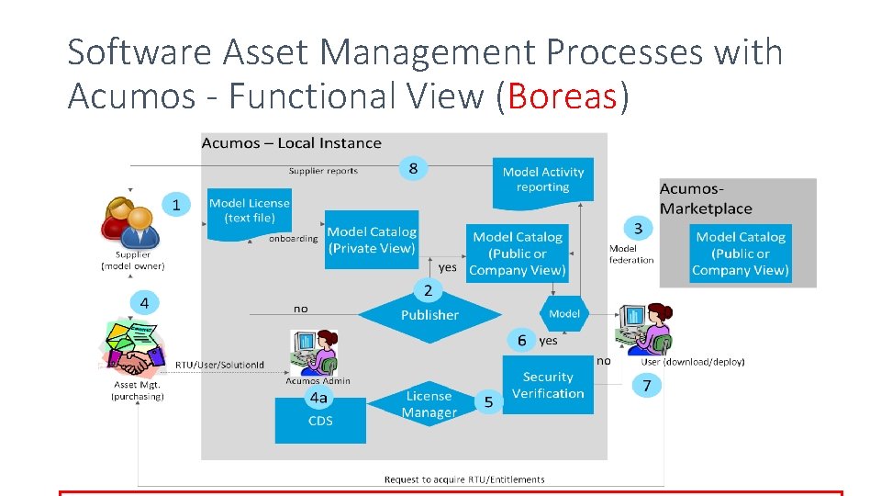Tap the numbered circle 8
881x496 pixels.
[413, 168]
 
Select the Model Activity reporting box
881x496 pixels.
[543, 179]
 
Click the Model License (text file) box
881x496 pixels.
[249, 210]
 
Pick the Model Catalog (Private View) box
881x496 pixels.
[372, 240]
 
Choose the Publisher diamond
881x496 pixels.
[429, 315]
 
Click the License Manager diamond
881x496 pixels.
[429, 404]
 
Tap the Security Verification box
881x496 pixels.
[548, 386]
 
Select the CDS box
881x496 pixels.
[320, 421]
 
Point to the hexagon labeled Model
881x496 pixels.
[563, 314]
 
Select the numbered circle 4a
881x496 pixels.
[318, 398]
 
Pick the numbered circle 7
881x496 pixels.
[646, 386]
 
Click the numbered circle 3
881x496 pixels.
[638, 227]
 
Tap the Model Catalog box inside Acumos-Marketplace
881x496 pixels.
[741, 254]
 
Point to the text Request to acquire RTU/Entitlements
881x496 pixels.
[463, 479]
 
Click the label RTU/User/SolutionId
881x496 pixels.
[219, 365]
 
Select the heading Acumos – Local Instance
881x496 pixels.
[291, 142]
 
